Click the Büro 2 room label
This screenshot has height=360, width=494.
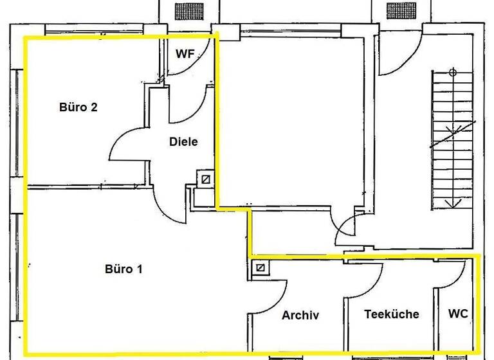point(78,107)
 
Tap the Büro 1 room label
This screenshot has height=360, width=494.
point(123,269)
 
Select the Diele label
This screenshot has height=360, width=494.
point(183,142)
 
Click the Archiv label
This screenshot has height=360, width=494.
point(300,315)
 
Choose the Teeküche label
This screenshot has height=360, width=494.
point(392,314)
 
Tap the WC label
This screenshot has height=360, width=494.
point(458,314)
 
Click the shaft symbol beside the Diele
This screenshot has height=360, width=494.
point(205,179)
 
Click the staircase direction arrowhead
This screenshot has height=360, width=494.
point(454,204)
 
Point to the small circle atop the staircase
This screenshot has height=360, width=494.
point(453,71)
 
